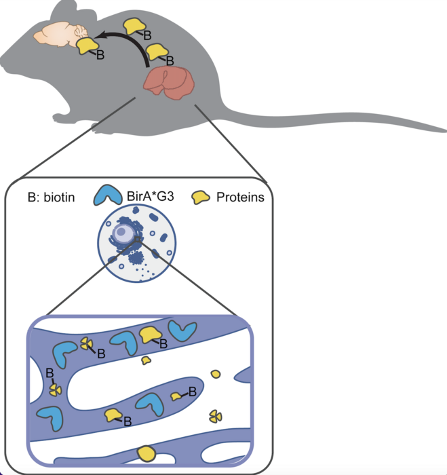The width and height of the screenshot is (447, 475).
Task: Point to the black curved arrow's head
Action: (x=99, y=35)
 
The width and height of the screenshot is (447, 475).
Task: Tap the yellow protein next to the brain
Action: (x=87, y=45)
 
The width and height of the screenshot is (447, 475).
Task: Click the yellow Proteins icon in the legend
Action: (x=201, y=197)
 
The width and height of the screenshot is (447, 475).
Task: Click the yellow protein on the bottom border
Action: (x=146, y=451)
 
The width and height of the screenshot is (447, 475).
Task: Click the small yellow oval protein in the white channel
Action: (x=216, y=374)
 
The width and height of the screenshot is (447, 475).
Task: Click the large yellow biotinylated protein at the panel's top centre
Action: (x=150, y=334)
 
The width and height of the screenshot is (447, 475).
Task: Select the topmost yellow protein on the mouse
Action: (x=134, y=24)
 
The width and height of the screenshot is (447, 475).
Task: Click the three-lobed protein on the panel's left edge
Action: (x=54, y=389)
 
